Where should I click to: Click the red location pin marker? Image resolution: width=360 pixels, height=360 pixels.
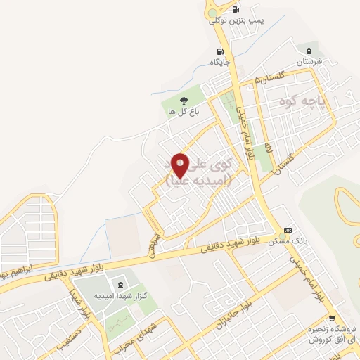181,165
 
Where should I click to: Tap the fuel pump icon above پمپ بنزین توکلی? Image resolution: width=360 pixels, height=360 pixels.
235,9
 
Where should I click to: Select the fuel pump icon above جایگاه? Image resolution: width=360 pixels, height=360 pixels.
221,51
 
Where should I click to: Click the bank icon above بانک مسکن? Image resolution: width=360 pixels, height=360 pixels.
287,230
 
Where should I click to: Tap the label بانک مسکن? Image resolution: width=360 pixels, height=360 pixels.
286,241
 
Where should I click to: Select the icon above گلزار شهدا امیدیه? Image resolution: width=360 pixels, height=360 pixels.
120,285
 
